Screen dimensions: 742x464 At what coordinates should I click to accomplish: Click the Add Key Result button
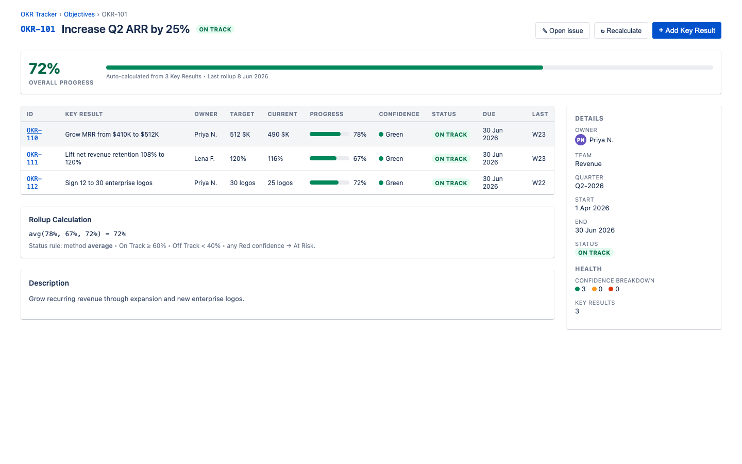[x=686, y=30]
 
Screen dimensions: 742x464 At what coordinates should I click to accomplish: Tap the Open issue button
[x=563, y=30]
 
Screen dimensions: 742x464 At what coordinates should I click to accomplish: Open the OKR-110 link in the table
[x=34, y=134]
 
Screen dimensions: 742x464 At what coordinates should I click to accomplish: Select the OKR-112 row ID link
[x=34, y=183]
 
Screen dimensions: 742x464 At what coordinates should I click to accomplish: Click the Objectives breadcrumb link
[x=79, y=14]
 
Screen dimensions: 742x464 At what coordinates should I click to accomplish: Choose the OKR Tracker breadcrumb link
[x=39, y=14]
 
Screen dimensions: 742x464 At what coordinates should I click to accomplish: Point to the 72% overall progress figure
[x=44, y=69]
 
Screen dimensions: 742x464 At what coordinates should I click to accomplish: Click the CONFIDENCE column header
[x=399, y=114]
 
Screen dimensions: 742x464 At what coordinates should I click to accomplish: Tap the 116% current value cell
[x=275, y=158]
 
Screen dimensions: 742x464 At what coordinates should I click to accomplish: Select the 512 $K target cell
[x=240, y=134]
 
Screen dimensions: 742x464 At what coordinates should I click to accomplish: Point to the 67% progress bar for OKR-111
[x=329, y=158]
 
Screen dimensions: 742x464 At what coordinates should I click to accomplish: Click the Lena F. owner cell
[x=205, y=158]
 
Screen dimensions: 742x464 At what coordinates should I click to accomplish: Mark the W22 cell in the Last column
[x=538, y=183]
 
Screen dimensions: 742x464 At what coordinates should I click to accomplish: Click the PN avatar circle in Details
[x=580, y=140]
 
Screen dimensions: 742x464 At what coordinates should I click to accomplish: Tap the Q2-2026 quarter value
[x=589, y=186]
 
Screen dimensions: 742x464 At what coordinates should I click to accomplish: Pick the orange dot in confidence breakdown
[x=594, y=289]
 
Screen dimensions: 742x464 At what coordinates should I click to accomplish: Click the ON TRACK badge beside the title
[x=215, y=29]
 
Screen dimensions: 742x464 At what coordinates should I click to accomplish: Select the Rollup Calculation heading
[x=60, y=220]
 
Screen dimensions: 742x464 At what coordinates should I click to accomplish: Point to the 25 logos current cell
[x=280, y=183]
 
